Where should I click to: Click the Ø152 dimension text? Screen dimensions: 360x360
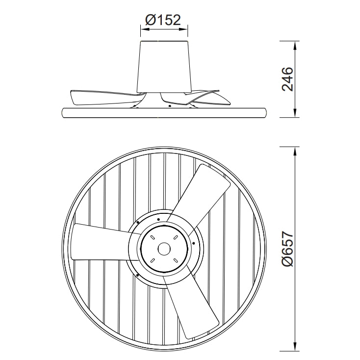click(163, 20)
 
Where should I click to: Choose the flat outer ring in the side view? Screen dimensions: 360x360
click(164, 112)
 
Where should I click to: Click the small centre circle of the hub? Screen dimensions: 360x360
click(164, 249)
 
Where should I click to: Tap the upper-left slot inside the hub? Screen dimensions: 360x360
click(154, 238)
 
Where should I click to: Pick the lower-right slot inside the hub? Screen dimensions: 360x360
click(175, 260)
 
